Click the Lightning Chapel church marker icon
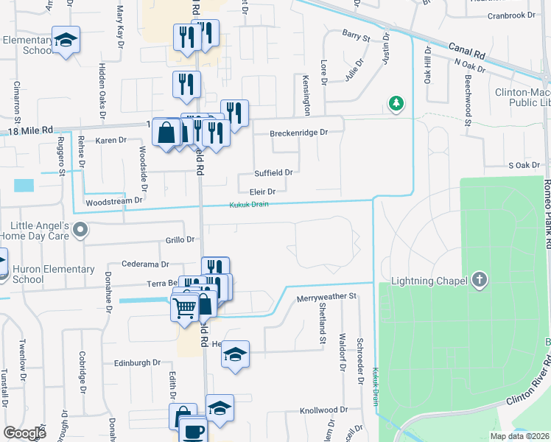(480, 280)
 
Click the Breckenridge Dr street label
(298, 133)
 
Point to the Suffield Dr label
(273, 172)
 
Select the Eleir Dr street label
(262, 192)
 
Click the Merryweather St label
(326, 297)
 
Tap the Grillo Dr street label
(179, 239)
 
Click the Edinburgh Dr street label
(137, 362)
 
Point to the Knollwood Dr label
(323, 410)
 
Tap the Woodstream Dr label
(113, 200)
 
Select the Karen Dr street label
(112, 139)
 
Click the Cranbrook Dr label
(510, 15)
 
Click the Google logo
(24, 432)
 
